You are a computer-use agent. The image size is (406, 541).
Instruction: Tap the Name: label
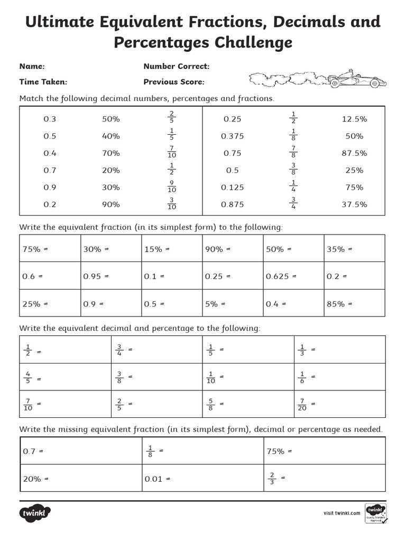click(32, 67)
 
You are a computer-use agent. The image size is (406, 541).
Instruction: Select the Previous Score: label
click(174, 82)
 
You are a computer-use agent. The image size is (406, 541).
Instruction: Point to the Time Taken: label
click(43, 82)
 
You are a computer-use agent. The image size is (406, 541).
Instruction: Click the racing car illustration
click(357, 80)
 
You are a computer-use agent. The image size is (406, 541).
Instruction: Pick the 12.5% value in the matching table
click(354, 119)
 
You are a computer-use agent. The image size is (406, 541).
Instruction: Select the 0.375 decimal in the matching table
click(233, 136)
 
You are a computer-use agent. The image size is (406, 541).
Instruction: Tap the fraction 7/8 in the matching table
click(293, 153)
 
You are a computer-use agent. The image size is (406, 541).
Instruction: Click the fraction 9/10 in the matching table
click(171, 187)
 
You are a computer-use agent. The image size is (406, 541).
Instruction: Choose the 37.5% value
click(354, 204)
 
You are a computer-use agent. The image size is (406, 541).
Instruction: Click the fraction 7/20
click(302, 404)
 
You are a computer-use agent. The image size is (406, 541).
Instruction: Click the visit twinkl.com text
click(342, 512)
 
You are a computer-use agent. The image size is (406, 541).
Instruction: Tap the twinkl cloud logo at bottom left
click(35, 513)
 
